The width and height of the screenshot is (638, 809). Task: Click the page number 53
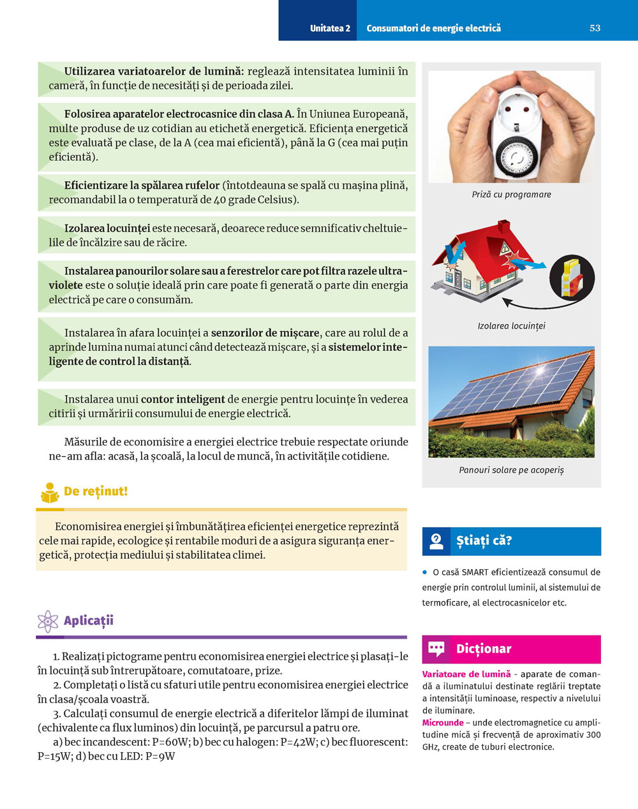click(595, 28)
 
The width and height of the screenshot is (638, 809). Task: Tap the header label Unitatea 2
click(330, 28)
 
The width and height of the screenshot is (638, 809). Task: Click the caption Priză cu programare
click(511, 195)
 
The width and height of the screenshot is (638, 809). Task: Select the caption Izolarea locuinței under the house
click(511, 326)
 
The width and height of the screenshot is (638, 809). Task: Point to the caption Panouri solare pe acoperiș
click(511, 470)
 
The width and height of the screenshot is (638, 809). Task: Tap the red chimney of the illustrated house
click(503, 228)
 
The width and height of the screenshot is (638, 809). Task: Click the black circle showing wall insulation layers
click(572, 278)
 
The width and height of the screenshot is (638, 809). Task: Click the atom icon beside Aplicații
click(48, 621)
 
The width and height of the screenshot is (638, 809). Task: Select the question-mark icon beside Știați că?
click(436, 541)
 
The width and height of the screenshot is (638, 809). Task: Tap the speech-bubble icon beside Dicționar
click(436, 649)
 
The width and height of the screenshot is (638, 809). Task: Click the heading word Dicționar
click(484, 649)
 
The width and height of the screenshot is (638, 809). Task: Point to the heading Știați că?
click(484, 541)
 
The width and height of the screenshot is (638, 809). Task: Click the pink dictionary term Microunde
click(443, 723)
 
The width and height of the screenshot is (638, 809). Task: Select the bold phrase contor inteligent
click(182, 399)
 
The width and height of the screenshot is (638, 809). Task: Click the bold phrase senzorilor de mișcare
click(265, 333)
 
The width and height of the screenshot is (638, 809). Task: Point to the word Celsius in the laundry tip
click(278, 200)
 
